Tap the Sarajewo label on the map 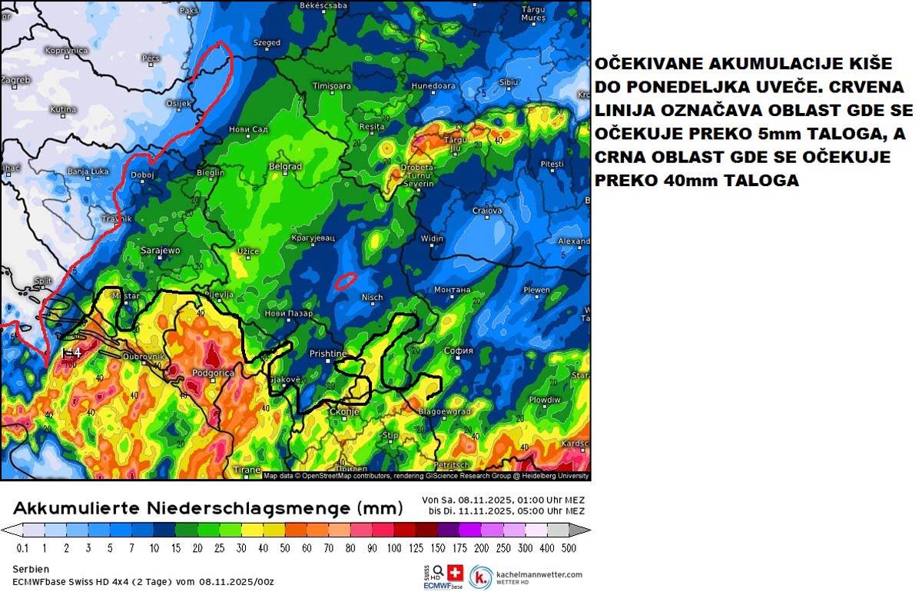(161, 251)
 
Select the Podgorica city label (211, 373)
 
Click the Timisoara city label (330, 85)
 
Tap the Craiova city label (486, 211)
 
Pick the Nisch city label (371, 298)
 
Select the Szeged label (267, 43)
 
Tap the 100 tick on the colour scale (394, 547)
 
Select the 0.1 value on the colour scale (23, 547)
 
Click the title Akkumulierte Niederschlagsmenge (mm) (207, 507)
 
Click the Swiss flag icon (455, 571)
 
